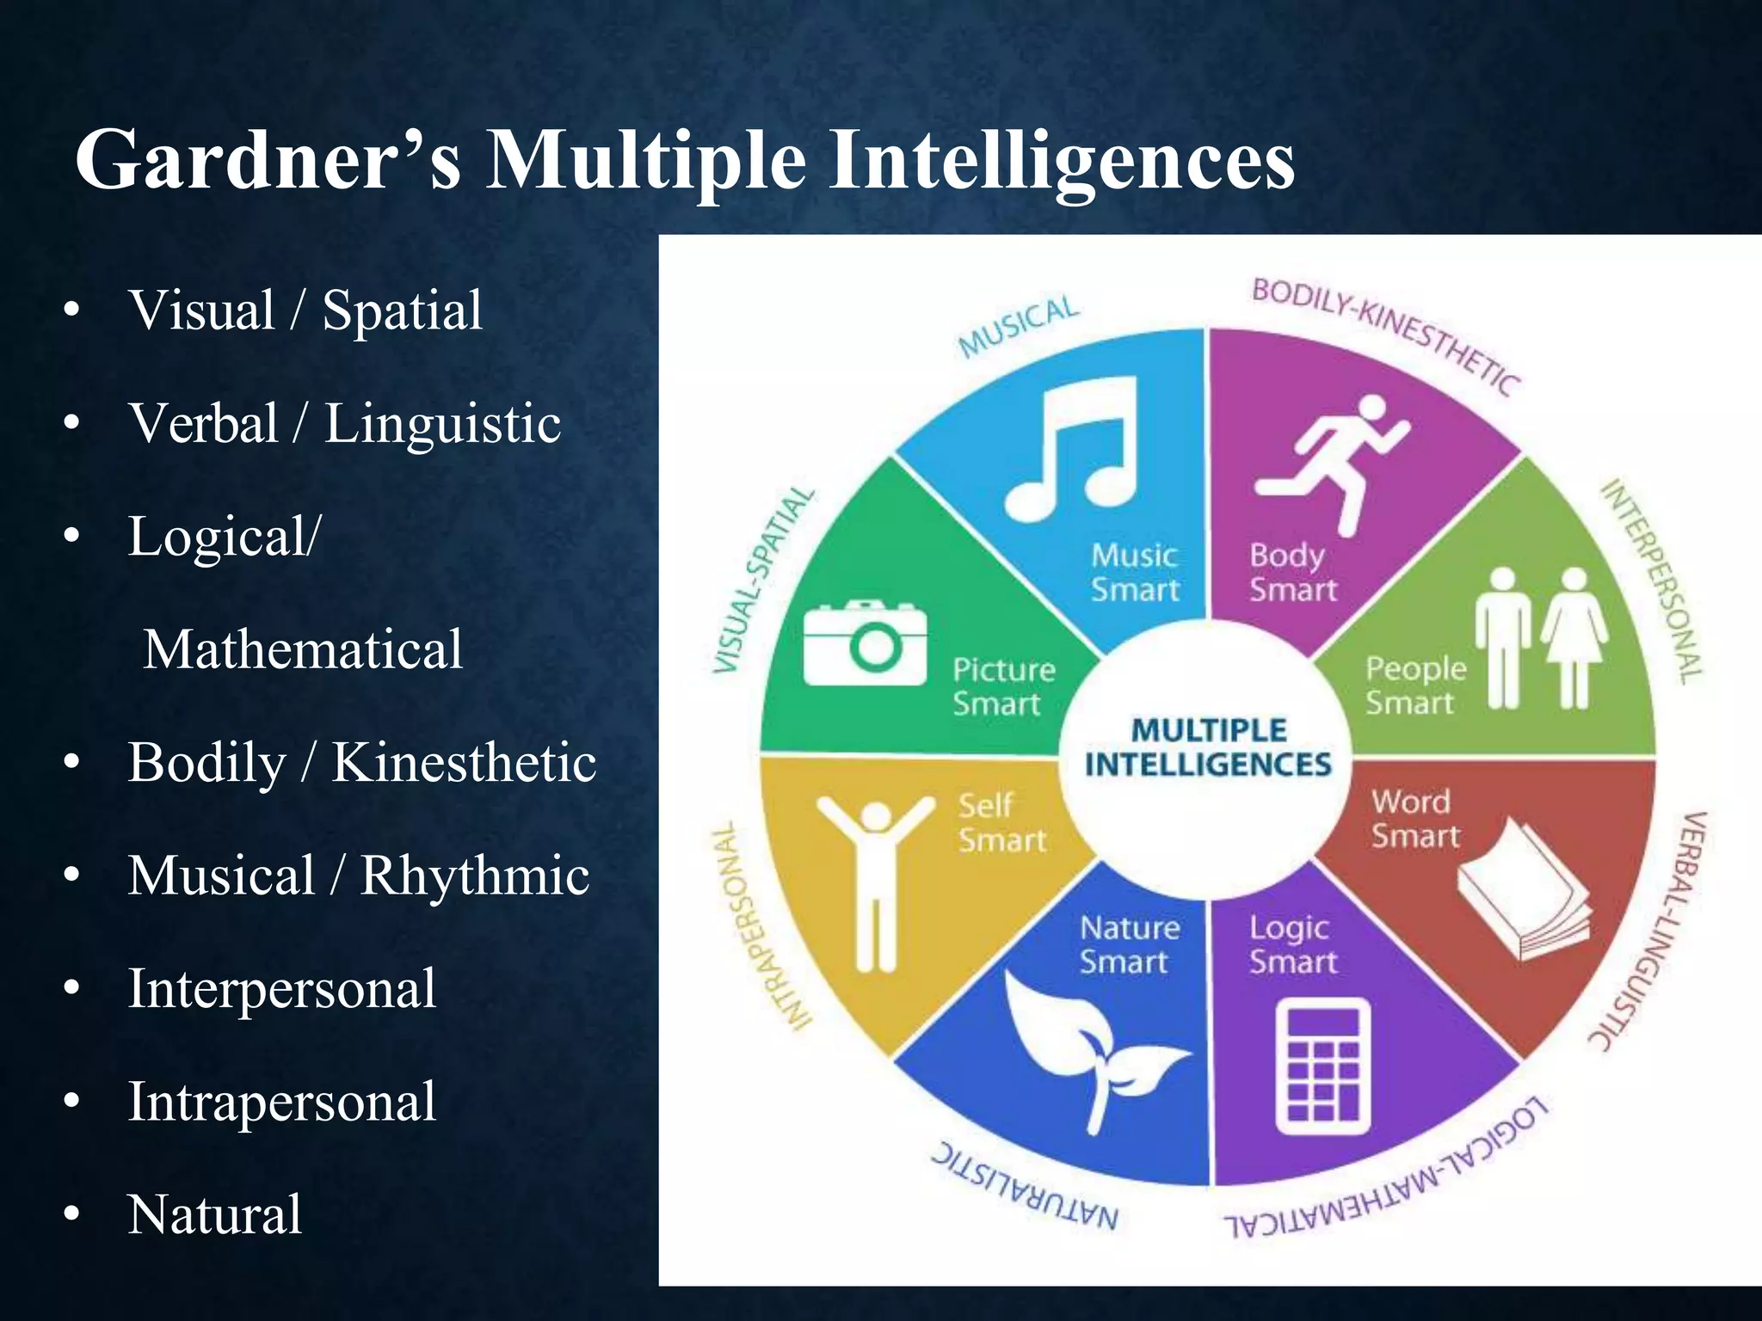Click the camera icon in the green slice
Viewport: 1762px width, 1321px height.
tap(865, 643)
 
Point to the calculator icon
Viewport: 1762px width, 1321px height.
tap(1322, 1066)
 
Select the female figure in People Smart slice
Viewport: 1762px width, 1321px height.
tap(1574, 636)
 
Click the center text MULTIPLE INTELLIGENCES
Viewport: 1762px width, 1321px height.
tap(1207, 747)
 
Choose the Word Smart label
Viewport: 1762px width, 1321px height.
tap(1414, 818)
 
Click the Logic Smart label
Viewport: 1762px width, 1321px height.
tap(1292, 944)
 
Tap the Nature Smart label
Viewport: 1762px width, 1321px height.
tap(1128, 944)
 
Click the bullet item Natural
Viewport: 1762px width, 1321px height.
tap(215, 1214)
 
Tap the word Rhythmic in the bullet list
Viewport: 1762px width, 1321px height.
tap(475, 876)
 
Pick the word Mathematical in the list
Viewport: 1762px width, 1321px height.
tap(303, 649)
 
